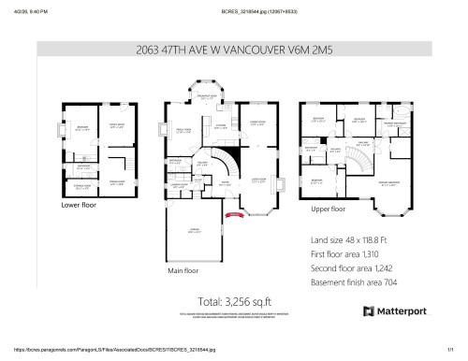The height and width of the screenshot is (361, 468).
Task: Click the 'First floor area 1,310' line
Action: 348,253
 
